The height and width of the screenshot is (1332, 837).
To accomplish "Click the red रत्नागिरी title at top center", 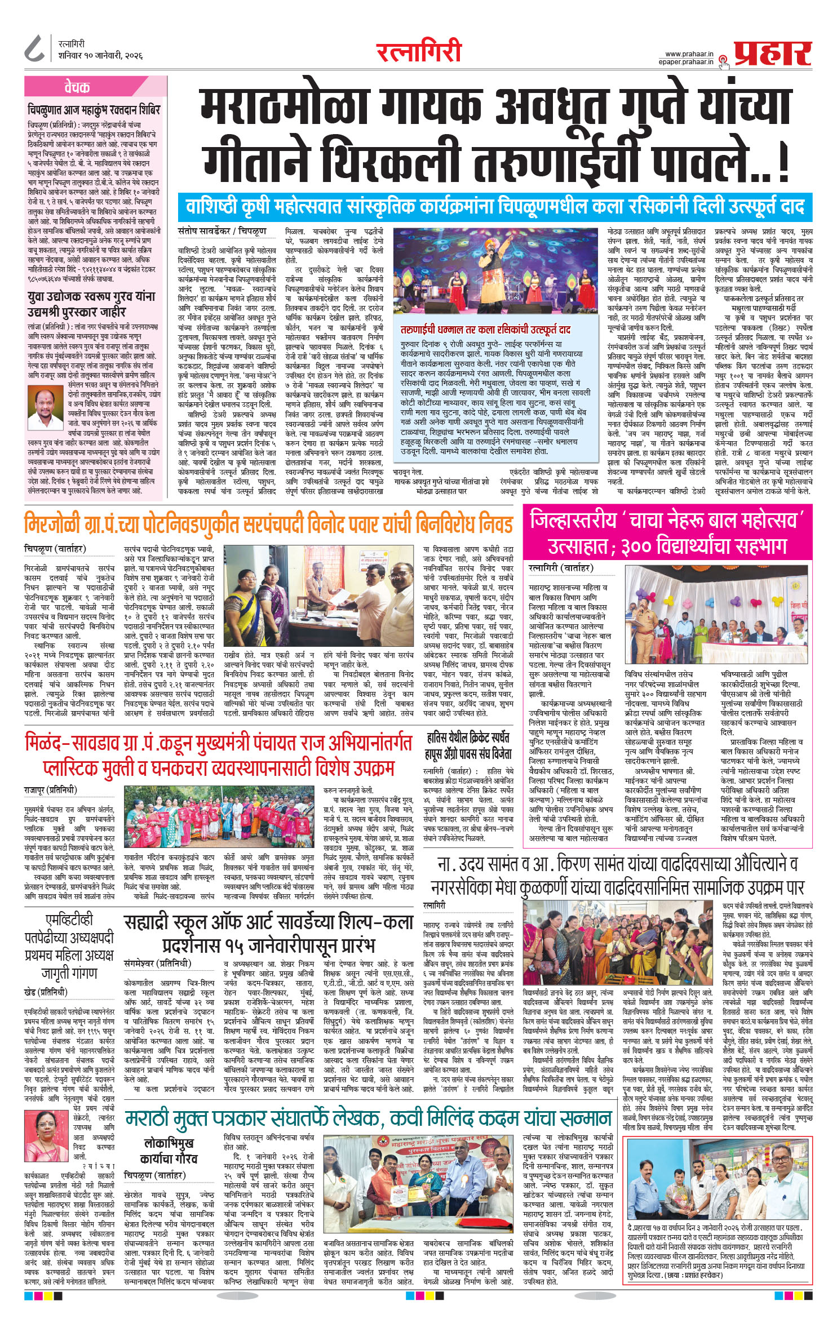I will click(419, 52).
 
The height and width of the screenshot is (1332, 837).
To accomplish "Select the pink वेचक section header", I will click(77, 87).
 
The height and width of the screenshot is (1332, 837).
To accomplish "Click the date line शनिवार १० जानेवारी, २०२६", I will click(100, 56).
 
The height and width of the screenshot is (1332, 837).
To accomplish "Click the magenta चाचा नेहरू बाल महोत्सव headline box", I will click(667, 532).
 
